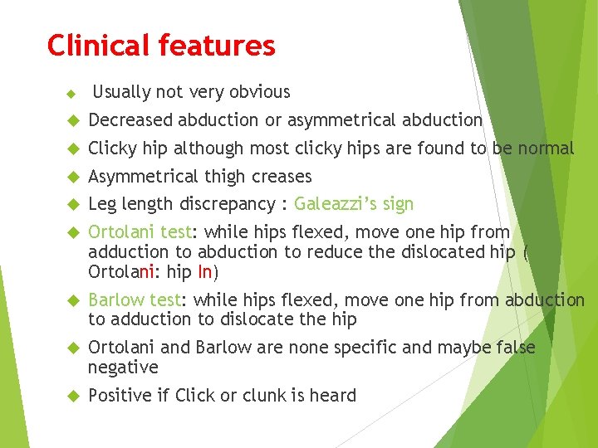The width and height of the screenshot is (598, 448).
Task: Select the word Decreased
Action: (130, 120)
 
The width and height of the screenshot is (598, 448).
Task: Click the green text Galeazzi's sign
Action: (354, 204)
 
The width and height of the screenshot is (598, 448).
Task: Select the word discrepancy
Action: (224, 204)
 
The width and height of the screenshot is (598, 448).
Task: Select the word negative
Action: (123, 367)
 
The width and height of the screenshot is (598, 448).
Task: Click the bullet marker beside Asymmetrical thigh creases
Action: (71, 177)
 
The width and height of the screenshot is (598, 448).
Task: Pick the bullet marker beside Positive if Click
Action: (71, 396)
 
